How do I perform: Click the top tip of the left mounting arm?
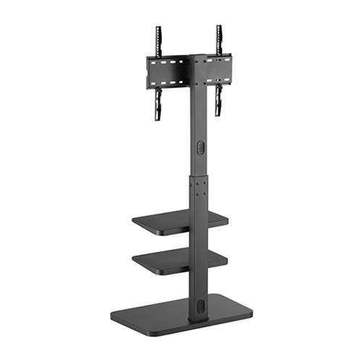(x=158, y=30)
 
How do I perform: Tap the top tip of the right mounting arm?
(x=218, y=28)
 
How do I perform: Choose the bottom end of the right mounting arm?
(x=218, y=111)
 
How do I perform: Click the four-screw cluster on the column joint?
(x=199, y=187)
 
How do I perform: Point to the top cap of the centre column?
(x=198, y=56)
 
